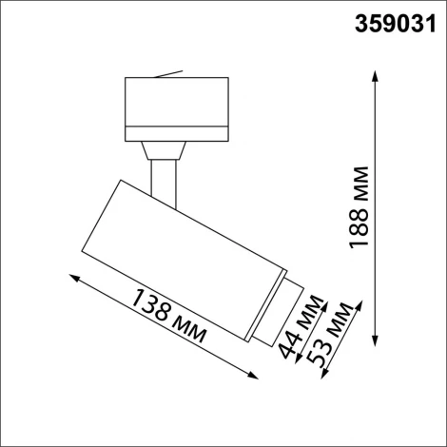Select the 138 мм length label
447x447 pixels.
coord(172,323)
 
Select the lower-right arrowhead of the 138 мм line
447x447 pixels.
coord(262,379)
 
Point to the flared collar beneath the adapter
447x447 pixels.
coord(165,149)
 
